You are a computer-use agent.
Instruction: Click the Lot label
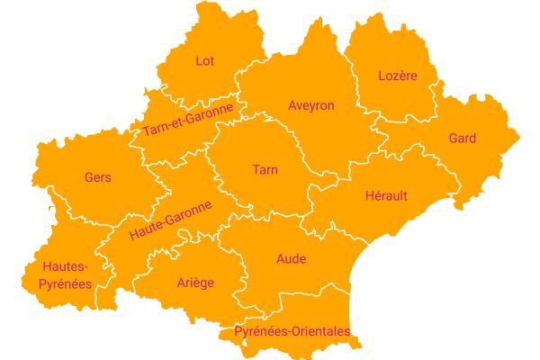204,61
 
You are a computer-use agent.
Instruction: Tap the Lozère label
398,76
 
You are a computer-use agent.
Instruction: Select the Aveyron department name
310,105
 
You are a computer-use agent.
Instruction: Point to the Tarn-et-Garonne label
187,120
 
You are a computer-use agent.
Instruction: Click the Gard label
462,139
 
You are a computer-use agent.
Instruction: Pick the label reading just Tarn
265,169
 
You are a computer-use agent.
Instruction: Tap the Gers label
97,177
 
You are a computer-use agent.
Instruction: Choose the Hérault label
386,195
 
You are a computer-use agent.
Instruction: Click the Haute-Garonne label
170,220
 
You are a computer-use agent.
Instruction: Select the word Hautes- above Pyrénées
64,266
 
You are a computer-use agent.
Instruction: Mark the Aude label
291,259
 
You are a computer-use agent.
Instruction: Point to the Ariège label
195,283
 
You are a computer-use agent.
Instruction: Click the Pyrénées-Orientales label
292,331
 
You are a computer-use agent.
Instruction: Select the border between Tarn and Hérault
310,193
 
